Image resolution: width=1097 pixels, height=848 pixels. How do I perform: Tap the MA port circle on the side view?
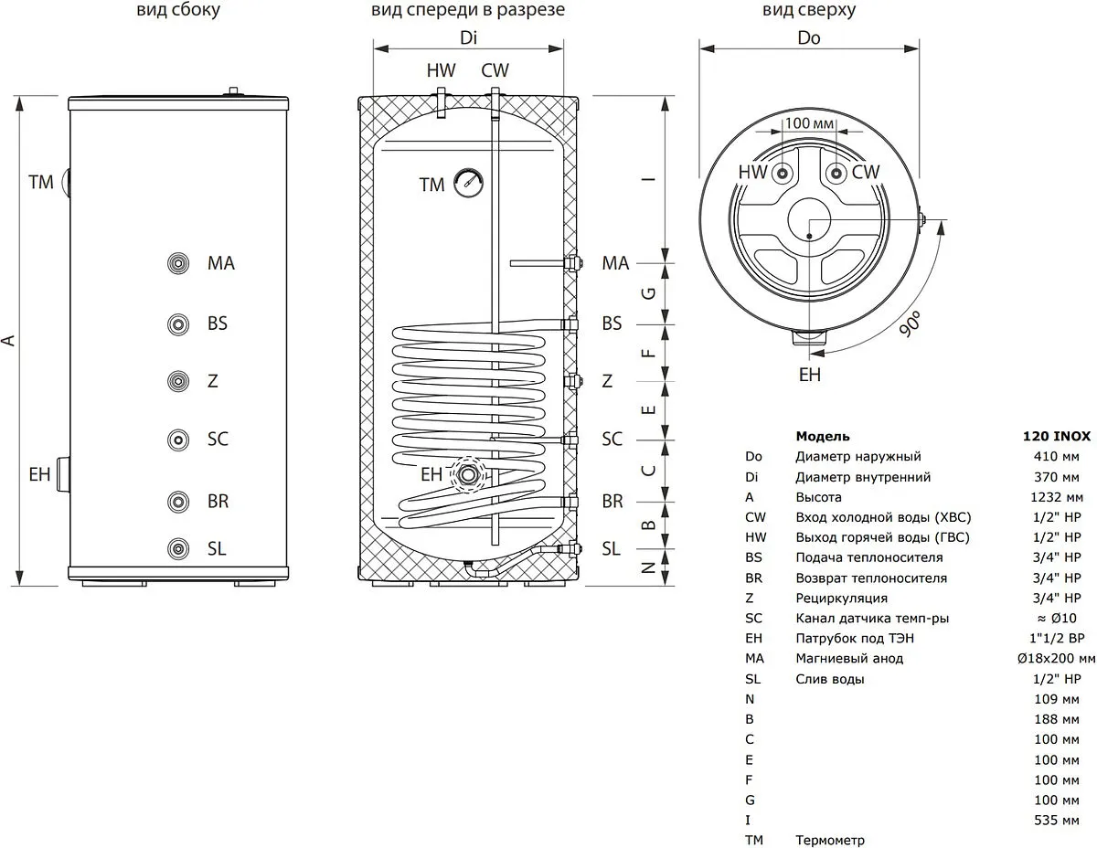click(x=177, y=263)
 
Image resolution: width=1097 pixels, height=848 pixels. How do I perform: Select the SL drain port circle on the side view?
click(x=177, y=548)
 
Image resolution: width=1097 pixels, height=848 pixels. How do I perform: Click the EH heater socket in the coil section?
click(x=469, y=474)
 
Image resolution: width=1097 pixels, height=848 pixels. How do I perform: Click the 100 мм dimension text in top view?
click(x=810, y=122)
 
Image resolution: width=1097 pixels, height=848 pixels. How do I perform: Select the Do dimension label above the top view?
click(x=809, y=38)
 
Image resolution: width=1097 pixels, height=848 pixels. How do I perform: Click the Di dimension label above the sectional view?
click(x=468, y=38)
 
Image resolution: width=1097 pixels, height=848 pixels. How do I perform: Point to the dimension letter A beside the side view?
click(x=10, y=340)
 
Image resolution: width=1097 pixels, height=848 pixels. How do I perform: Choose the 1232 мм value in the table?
click(x=1060, y=497)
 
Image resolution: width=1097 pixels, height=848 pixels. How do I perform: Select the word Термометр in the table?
click(x=830, y=840)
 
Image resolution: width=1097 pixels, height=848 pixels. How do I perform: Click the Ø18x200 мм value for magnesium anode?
click(x=1055, y=658)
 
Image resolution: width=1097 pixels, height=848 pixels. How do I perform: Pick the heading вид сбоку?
click(x=178, y=11)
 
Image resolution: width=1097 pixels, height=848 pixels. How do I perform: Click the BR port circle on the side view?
click(x=177, y=501)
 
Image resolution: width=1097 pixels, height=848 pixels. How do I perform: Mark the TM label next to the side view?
click(x=41, y=182)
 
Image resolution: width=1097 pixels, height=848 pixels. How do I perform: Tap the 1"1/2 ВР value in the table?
click(x=1056, y=638)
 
